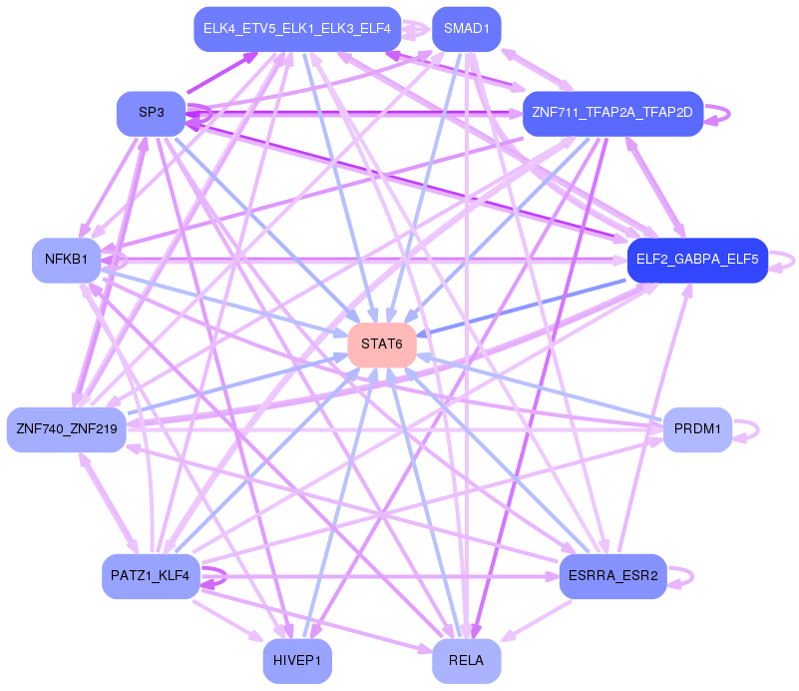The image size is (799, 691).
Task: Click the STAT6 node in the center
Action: pos(382,345)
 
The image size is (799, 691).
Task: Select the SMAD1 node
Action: pos(466,29)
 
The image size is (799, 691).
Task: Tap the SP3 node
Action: pos(152,113)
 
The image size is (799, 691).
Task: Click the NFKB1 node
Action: pos(66,260)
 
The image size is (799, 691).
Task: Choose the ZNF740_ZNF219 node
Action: pos(66,429)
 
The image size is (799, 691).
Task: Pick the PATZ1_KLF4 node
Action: pos(151,576)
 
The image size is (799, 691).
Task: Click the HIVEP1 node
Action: pos(297,661)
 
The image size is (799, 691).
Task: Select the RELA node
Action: pos(466,661)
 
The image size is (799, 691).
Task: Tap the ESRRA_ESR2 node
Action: pos(613,576)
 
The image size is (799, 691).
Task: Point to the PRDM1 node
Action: pos(697,429)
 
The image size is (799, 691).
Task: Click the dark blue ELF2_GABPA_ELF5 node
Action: pos(697,260)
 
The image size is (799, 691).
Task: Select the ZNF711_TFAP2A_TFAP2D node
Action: pos(613,113)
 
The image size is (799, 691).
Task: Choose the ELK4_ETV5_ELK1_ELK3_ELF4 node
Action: pos(297,29)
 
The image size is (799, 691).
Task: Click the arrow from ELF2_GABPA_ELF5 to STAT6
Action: pos(521,308)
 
